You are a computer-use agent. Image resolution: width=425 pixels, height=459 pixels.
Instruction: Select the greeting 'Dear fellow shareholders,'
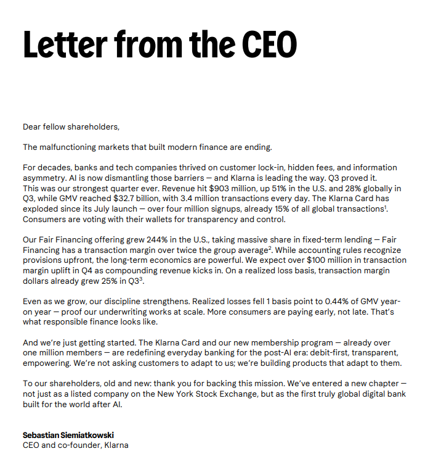(x=71, y=127)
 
